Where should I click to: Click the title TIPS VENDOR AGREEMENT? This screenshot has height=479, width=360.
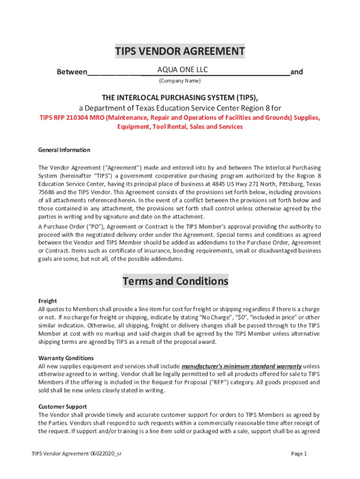tap(180, 51)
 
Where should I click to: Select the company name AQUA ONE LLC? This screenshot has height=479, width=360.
tap(182, 70)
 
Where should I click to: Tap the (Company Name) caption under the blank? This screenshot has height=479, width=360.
tap(180, 81)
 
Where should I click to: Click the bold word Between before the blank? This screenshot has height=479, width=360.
tap(72, 72)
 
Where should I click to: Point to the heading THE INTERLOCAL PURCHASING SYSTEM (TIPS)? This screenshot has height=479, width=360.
tap(180, 97)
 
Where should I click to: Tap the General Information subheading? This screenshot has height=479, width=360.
tap(64, 150)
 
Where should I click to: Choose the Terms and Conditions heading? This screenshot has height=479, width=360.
tap(175, 282)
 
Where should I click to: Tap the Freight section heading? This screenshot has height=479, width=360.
tap(47, 301)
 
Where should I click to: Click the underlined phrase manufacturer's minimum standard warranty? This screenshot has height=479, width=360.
tap(241, 366)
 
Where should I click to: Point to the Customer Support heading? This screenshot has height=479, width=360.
tap(63, 406)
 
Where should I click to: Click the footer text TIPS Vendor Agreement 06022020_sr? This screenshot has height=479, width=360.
tap(77, 454)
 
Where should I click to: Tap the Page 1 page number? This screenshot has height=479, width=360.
tap(299, 454)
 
